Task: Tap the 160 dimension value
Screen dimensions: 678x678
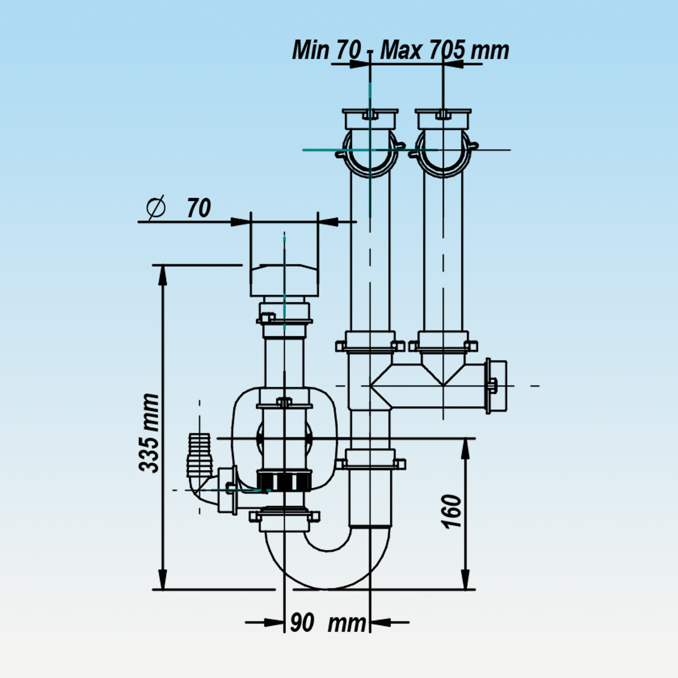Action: click(452, 511)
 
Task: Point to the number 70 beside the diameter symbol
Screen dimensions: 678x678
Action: click(199, 208)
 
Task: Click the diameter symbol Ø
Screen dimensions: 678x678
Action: click(155, 208)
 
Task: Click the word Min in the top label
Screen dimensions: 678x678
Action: click(310, 50)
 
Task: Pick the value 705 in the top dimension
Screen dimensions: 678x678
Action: click(447, 50)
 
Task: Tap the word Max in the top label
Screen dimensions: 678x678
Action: click(401, 50)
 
